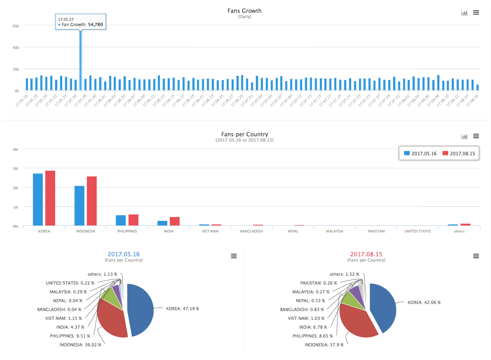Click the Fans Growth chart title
click(x=245, y=11)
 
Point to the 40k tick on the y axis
click(x=15, y=47)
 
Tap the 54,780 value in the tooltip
click(x=95, y=25)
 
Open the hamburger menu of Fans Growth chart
click(x=476, y=13)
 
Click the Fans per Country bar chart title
click(x=244, y=134)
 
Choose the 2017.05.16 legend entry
click(x=420, y=153)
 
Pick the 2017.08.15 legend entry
click(x=458, y=153)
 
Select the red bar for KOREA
click(x=50, y=198)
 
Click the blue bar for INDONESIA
click(x=79, y=206)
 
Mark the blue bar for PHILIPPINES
click(x=121, y=220)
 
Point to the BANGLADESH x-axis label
click(x=251, y=231)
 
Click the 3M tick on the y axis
click(x=15, y=169)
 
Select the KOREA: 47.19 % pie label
click(x=182, y=309)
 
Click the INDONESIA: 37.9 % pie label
click(x=324, y=345)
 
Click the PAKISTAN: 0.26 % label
click(x=319, y=283)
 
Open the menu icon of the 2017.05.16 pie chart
click(x=234, y=256)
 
